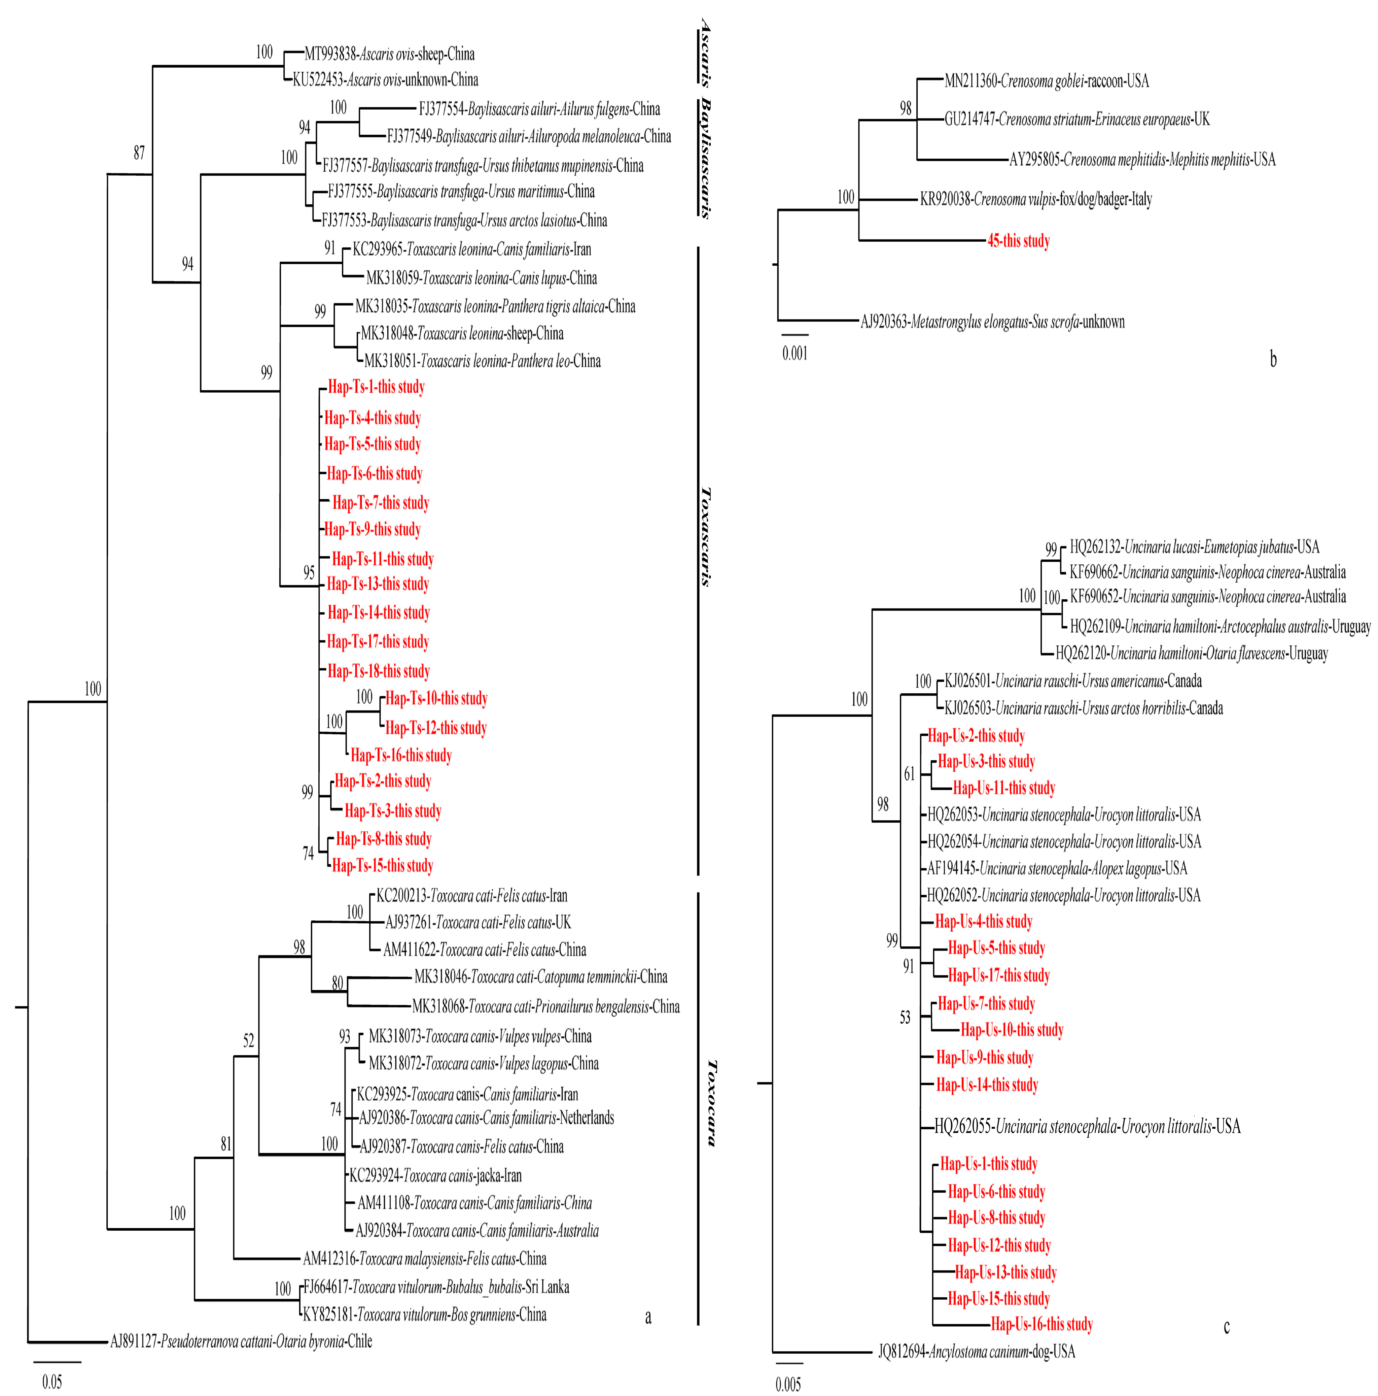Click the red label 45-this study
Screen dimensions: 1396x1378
click(1018, 241)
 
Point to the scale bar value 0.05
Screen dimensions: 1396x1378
click(52, 1382)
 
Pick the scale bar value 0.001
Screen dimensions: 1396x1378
click(794, 353)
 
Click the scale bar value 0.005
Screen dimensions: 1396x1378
click(788, 1385)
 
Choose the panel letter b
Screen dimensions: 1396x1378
click(1273, 359)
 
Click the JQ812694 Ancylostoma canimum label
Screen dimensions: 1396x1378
click(977, 1352)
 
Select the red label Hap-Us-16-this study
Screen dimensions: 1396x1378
click(1041, 1325)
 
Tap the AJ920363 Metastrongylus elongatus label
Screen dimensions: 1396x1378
click(992, 322)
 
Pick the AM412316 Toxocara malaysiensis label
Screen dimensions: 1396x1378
click(425, 1259)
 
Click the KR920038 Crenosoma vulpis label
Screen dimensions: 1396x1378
click(1036, 199)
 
